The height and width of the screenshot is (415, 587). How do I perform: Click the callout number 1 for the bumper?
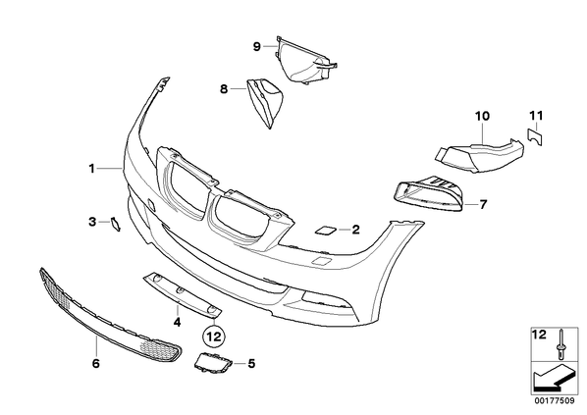click(x=91, y=169)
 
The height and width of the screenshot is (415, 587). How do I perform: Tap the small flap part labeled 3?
click(x=115, y=224)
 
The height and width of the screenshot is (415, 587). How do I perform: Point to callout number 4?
click(x=177, y=322)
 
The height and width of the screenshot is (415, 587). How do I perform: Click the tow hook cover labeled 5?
click(x=212, y=363)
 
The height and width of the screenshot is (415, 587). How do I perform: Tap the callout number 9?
click(x=257, y=47)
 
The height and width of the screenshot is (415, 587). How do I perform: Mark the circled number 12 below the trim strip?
click(x=215, y=337)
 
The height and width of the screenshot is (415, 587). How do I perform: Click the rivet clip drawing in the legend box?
click(x=560, y=345)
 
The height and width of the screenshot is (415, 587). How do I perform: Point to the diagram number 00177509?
click(x=555, y=401)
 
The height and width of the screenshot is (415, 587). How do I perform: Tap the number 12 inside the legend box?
click(x=540, y=335)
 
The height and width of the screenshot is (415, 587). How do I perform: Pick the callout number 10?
click(x=482, y=116)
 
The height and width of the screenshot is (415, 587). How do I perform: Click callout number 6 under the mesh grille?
click(x=96, y=363)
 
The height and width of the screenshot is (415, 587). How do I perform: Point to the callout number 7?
click(x=483, y=205)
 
